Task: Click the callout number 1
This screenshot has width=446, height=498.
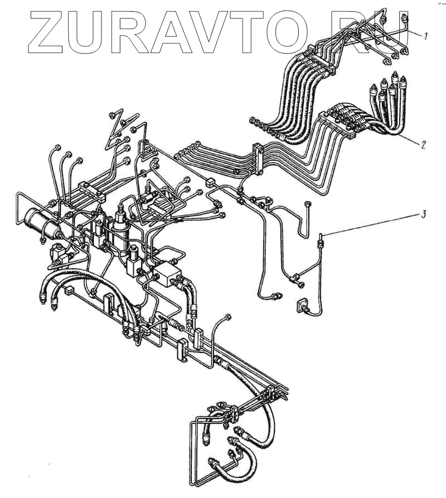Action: [426, 37]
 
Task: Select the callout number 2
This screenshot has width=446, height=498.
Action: [424, 144]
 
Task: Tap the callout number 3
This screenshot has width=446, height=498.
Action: [424, 214]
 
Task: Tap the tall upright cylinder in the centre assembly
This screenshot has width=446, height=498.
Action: [120, 229]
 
